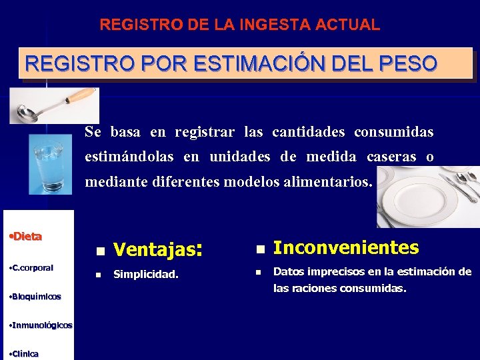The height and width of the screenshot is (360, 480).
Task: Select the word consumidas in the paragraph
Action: coord(393,132)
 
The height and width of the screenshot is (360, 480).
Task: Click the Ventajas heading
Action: coord(157,250)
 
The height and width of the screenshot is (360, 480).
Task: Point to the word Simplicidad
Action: coord(146,274)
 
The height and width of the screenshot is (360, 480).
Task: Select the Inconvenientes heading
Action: coord(346,248)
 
